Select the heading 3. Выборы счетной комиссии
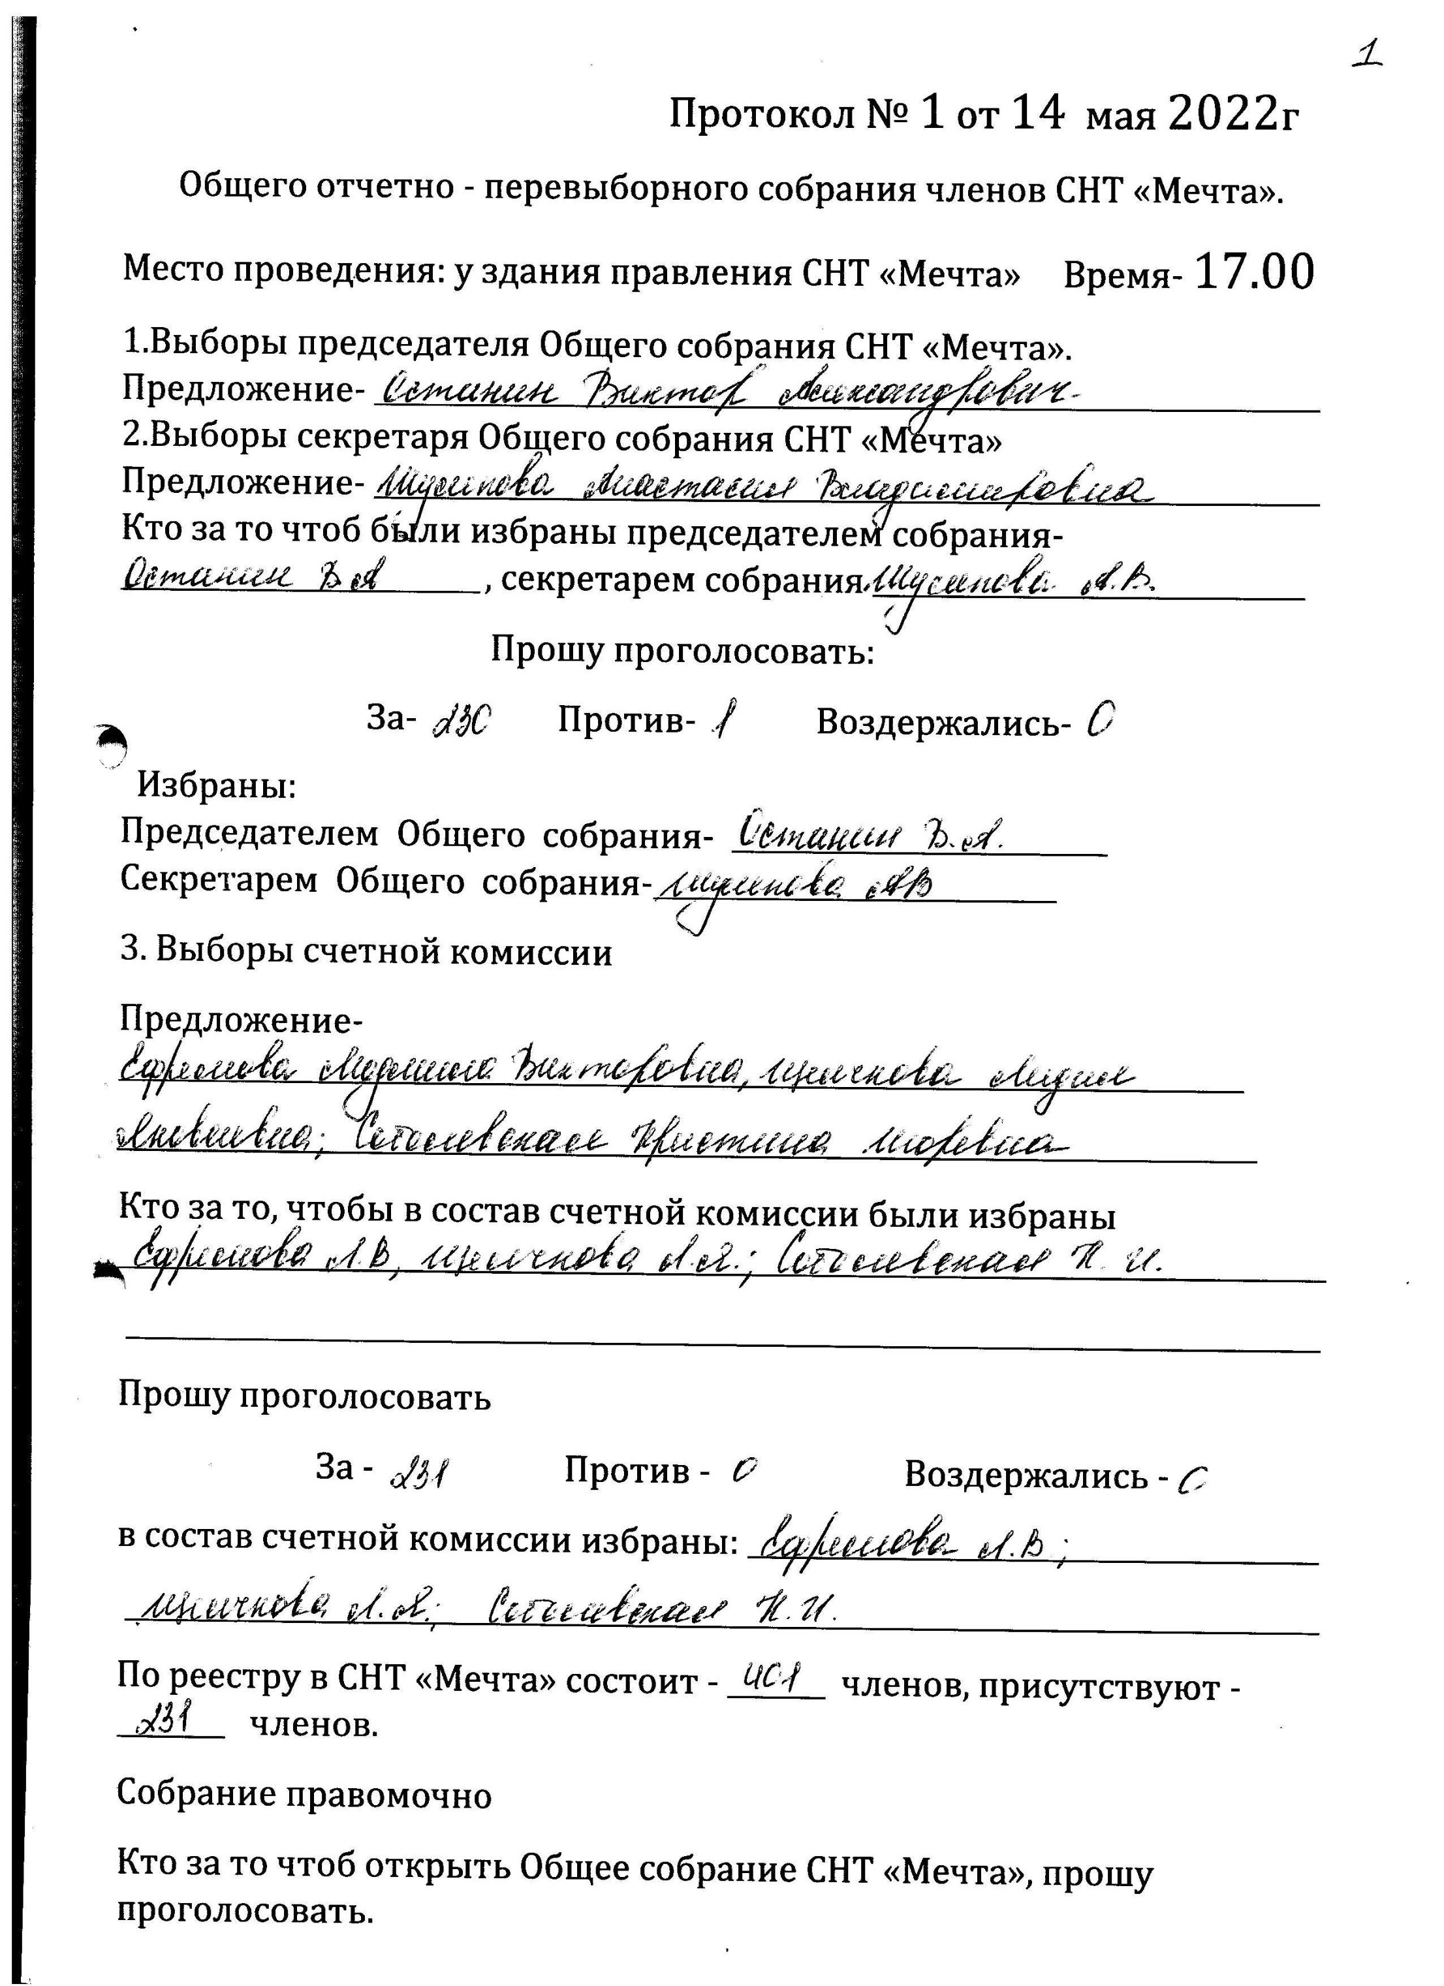[x=366, y=952]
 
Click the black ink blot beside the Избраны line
[x=112, y=744]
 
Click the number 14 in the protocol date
[x=1038, y=114]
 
